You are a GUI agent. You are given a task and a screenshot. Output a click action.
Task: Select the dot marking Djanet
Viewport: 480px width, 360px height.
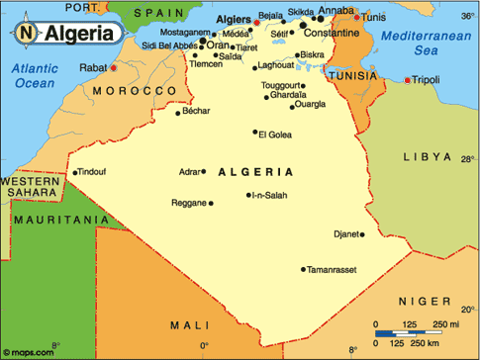coord(362,234)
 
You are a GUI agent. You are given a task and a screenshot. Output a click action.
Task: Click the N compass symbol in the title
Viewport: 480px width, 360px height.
coord(26,32)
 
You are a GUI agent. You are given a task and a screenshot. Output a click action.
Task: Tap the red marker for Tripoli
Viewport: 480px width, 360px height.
coord(407,79)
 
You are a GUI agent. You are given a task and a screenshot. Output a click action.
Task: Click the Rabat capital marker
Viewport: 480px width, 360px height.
coord(114,68)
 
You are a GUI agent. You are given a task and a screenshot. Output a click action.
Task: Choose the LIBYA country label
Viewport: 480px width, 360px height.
coord(427,157)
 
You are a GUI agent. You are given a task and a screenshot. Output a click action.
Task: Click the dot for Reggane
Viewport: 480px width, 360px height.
coord(211,204)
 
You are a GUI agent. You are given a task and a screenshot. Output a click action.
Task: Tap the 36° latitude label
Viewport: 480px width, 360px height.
coord(466,18)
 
